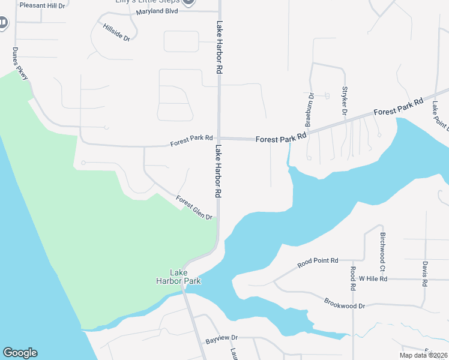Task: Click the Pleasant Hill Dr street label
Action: [x=41, y=5]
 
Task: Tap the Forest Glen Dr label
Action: [x=194, y=208]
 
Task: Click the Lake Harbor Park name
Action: [x=178, y=277]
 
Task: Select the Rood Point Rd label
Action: [x=318, y=263]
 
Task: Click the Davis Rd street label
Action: [x=424, y=273]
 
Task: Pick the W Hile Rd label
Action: [x=373, y=279]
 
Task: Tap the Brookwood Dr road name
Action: [x=345, y=302]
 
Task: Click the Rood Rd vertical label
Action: [x=354, y=277]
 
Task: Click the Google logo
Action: [x=20, y=353]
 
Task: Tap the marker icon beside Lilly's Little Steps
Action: [x=188, y=2]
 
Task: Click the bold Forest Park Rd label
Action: [x=281, y=139]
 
